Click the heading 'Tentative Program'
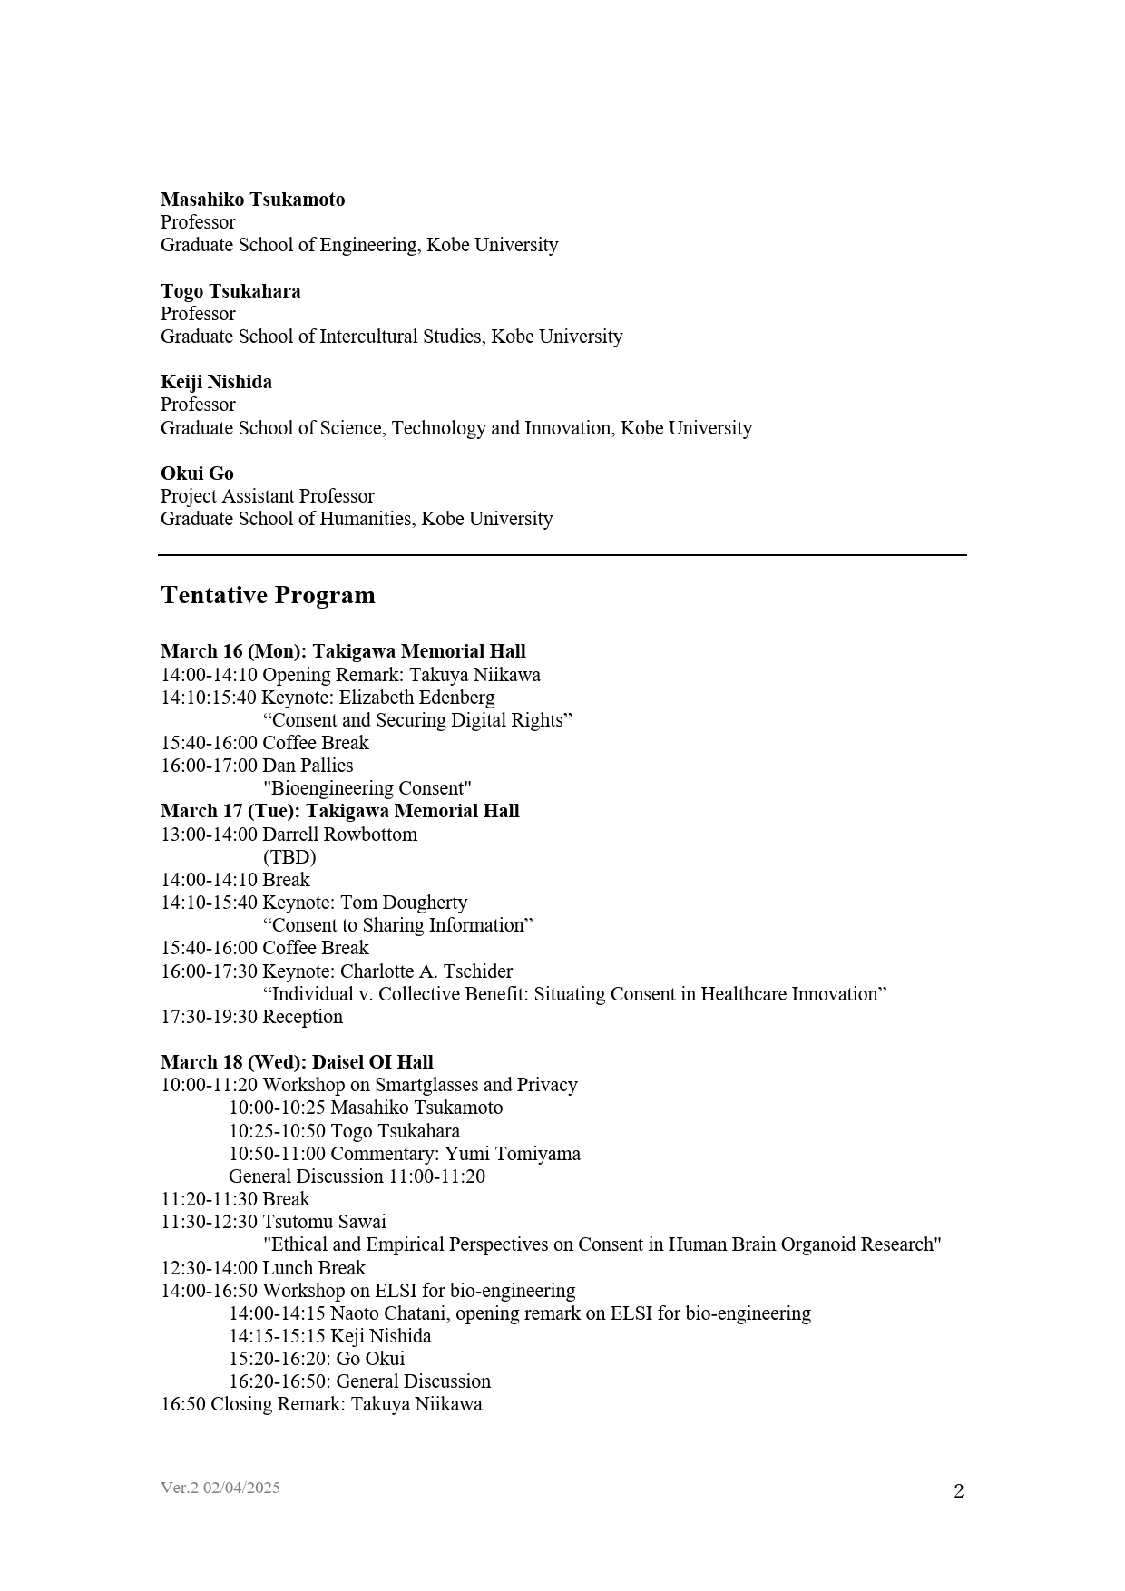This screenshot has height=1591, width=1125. [268, 596]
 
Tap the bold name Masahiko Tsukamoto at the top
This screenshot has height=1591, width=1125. [252, 200]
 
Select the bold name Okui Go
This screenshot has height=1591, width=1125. [197, 473]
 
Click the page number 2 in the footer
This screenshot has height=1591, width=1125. [958, 1491]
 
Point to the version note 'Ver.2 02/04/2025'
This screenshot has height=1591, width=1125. [220, 1488]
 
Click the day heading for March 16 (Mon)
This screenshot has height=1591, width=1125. [343, 651]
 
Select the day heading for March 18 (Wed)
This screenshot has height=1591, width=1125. [297, 1062]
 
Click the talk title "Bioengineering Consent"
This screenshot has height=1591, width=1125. [367, 788]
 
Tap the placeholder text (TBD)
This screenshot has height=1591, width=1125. [289, 857]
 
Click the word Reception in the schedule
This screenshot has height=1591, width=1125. [302, 1017]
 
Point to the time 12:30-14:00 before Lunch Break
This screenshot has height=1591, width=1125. [209, 1268]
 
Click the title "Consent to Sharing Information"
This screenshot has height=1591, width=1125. [397, 925]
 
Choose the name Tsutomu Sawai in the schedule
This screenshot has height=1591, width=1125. [324, 1222]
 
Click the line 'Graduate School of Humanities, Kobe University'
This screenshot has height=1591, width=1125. [357, 519]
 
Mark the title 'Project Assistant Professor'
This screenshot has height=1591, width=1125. [267, 496]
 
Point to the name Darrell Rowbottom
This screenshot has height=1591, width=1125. [339, 835]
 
